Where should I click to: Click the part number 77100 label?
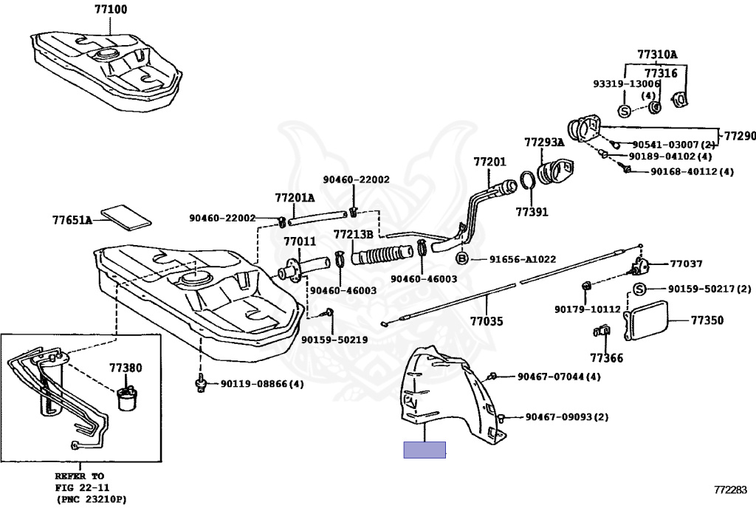(x=111, y=10)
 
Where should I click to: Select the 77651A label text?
(x=72, y=220)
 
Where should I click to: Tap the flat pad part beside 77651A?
(x=125, y=215)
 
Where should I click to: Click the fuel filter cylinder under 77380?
(x=127, y=398)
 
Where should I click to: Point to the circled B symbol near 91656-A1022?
(x=462, y=258)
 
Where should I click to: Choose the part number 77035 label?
(x=487, y=322)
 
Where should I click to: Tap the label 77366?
(x=606, y=359)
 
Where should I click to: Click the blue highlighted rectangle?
(x=425, y=450)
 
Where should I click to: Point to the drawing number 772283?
(x=730, y=490)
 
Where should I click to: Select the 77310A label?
(x=657, y=55)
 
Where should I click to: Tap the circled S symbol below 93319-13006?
(x=625, y=111)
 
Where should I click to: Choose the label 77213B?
(x=352, y=234)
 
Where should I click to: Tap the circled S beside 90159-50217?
(x=639, y=289)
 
